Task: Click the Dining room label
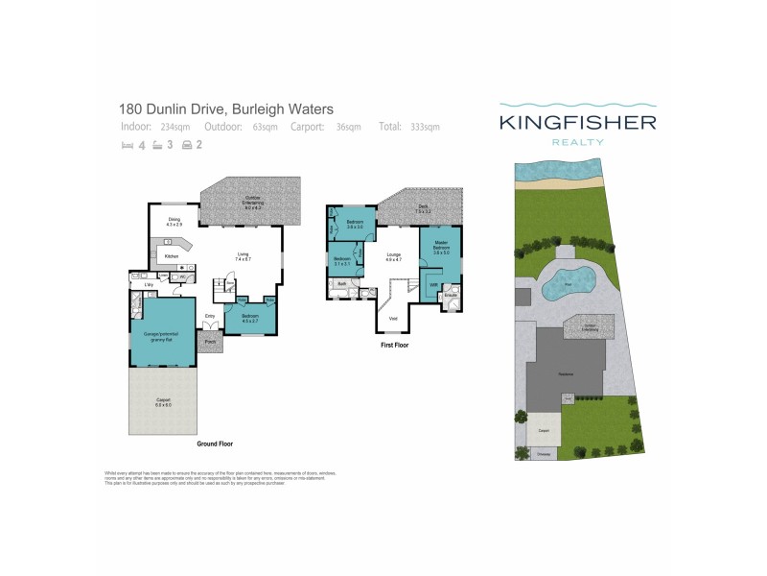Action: pyautogui.click(x=174, y=222)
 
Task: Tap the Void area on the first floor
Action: pyautogui.click(x=391, y=318)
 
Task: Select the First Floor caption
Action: pyautogui.click(x=393, y=343)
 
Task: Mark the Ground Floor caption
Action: pyautogui.click(x=215, y=444)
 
